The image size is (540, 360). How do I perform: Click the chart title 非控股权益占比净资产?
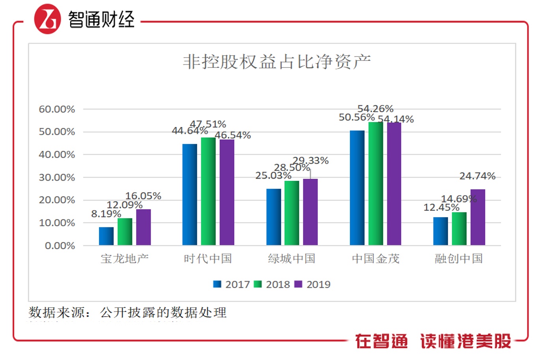coord(277,62)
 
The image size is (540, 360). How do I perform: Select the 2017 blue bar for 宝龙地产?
coord(106,236)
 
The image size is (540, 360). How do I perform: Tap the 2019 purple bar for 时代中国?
coord(227,193)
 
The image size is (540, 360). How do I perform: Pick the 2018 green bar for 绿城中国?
coord(292,213)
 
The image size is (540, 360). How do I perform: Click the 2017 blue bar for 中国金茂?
coord(357,188)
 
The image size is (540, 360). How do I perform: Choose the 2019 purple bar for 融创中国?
coord(478,217)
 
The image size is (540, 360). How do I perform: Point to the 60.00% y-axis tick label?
coord(57,109)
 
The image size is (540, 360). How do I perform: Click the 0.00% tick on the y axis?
coord(60,246)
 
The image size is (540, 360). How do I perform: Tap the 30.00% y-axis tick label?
coord(57,178)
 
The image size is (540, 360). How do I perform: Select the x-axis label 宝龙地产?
coord(125,259)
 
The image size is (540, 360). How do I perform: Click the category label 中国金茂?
coord(376,259)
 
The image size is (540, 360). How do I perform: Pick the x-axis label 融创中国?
coord(459,259)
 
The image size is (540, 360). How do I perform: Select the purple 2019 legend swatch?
coord(298,284)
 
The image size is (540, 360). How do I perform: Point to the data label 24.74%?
coord(477,176)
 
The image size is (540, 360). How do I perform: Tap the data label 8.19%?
coord(106,214)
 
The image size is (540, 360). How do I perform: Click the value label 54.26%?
coord(375,109)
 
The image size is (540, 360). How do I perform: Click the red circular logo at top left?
coord(48,19)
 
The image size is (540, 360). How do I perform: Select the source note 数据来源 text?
coord(127,313)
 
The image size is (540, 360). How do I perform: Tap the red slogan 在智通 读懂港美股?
coord(433,341)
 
